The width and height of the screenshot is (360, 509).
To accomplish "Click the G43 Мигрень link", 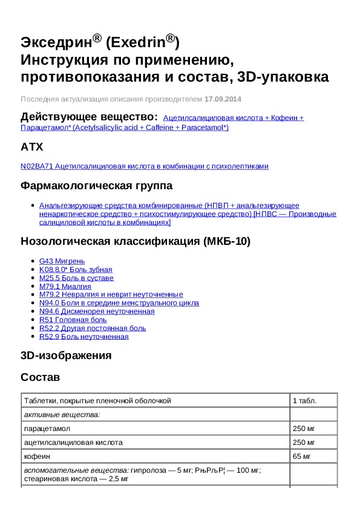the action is (58, 261).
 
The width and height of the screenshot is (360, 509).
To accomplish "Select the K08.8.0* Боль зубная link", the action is (76, 270).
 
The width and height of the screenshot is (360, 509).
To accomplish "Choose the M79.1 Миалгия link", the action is (65, 287).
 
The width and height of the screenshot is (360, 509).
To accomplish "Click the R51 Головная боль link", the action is (73, 320).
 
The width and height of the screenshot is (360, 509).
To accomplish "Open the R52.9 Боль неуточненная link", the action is (83, 337).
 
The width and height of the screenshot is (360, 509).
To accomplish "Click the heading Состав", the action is (40, 377).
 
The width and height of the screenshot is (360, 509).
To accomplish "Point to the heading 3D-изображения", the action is (66, 355).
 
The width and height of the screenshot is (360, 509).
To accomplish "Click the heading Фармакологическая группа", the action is (96, 186).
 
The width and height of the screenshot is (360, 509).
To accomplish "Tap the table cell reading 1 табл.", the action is (304, 400).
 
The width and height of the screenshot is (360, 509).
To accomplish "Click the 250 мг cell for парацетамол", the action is (304, 428).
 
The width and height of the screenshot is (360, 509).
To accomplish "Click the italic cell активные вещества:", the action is (62, 414).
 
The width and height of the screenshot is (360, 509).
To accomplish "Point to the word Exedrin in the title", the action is (140, 42).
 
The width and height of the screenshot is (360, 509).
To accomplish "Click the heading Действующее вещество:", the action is (90, 116).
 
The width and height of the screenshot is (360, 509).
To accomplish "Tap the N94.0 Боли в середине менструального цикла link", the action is (119, 303).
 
